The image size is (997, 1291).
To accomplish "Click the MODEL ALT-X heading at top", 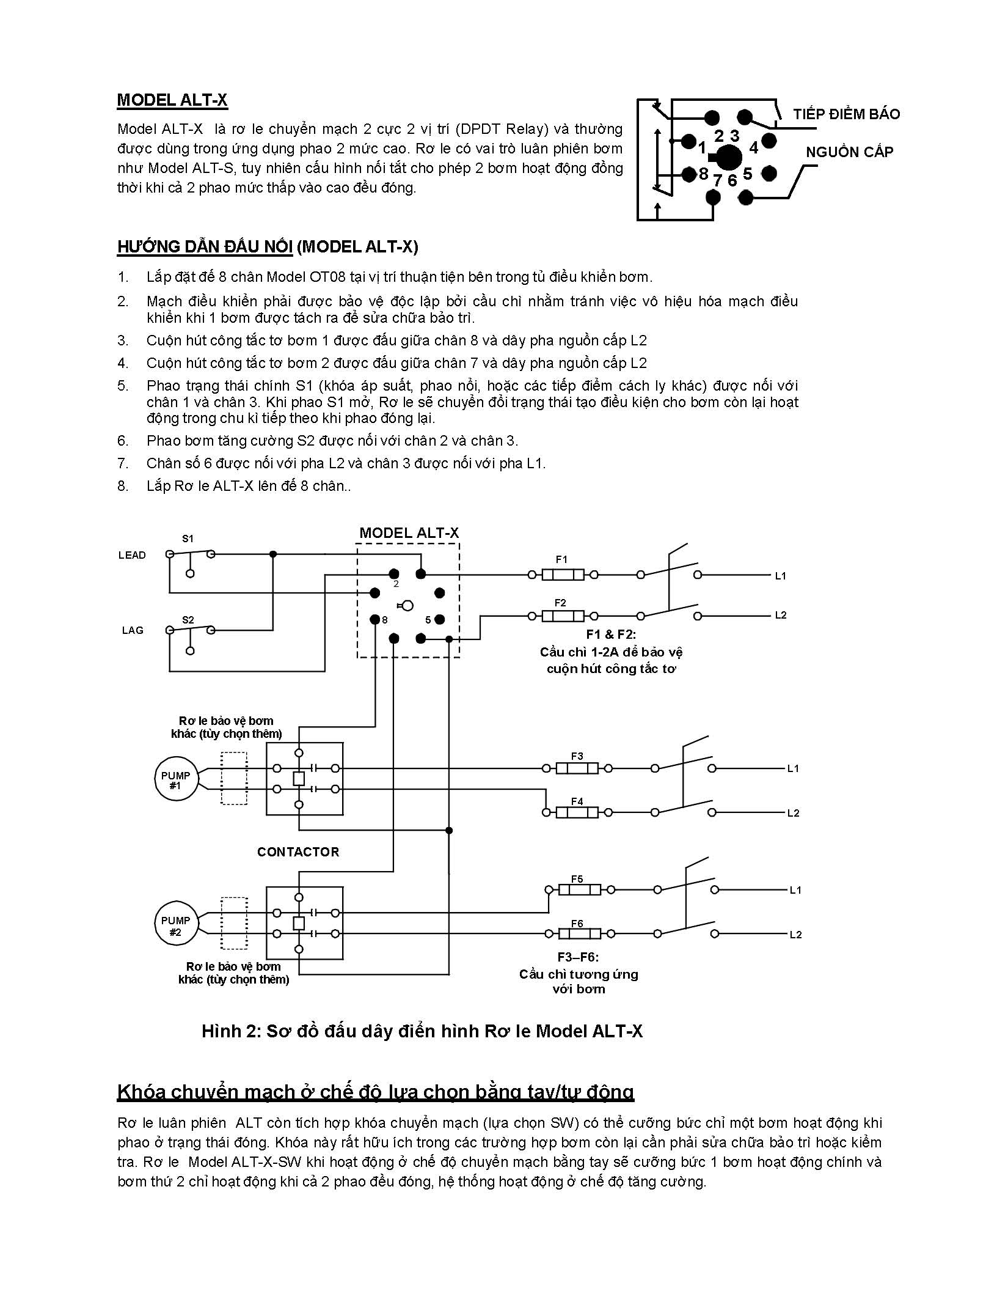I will coord(172,100).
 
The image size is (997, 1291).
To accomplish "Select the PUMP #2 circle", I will coord(175,925).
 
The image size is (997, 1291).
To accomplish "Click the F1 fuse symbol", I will coord(563,575).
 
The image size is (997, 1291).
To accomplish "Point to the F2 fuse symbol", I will coord(563,616).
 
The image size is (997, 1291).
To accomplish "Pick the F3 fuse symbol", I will coord(577,768).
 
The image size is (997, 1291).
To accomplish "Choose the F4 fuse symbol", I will coord(577,812).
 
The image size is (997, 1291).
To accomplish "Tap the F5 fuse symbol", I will coord(577,890).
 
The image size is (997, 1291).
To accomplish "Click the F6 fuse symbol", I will coord(577,934).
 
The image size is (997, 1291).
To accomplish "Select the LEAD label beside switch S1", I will coord(132,555).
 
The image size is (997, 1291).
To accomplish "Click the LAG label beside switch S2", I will coord(133,630).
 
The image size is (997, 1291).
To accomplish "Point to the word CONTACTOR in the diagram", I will coord(298,852).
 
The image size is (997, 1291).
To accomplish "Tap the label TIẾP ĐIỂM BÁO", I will coord(846,114).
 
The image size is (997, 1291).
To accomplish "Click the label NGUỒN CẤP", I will coord(849,152).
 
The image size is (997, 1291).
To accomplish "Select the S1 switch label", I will coord(188,539).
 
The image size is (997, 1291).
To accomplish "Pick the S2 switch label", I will coord(188,620).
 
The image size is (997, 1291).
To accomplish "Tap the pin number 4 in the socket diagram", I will coord(754,148).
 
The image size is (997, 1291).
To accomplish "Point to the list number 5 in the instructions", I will coord(123,386).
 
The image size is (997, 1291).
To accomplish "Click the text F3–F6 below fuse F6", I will coord(578,957).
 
